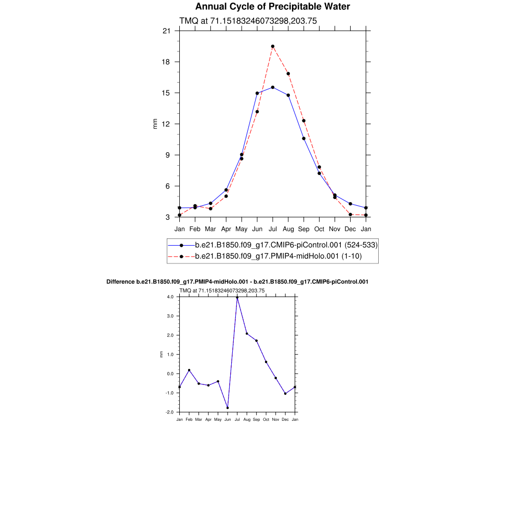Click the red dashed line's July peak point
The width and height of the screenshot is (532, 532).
pyautogui.click(x=273, y=46)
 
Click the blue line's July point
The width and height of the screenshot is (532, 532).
pyautogui.click(x=273, y=87)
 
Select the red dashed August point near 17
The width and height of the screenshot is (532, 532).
pyautogui.click(x=288, y=74)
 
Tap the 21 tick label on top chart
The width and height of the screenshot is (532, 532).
pyautogui.click(x=166, y=31)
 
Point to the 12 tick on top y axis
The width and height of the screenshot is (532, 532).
pyautogui.click(x=166, y=124)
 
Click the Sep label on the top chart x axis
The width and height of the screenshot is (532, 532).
pyautogui.click(x=304, y=229)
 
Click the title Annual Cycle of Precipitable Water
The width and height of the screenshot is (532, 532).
pyautogui.click(x=272, y=7)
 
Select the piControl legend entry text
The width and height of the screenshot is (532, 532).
pyautogui.click(x=286, y=245)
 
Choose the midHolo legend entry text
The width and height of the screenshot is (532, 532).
pyautogui.click(x=278, y=256)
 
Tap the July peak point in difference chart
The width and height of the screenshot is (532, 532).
pyautogui.click(x=237, y=298)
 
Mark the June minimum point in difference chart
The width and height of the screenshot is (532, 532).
pyautogui.click(x=228, y=408)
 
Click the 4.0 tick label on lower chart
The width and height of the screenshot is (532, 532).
pyautogui.click(x=170, y=297)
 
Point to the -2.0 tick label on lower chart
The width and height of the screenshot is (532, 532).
pyautogui.click(x=170, y=412)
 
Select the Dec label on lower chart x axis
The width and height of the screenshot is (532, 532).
pyautogui.click(x=285, y=419)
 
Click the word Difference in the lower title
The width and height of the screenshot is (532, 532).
pyautogui.click(x=120, y=282)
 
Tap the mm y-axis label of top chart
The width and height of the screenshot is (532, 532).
pyautogui.click(x=155, y=124)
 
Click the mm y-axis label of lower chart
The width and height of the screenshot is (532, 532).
pyautogui.click(x=161, y=354)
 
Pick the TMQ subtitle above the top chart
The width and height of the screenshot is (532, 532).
pyautogui.click(x=248, y=21)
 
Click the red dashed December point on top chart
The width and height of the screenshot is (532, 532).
pyautogui.click(x=351, y=215)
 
